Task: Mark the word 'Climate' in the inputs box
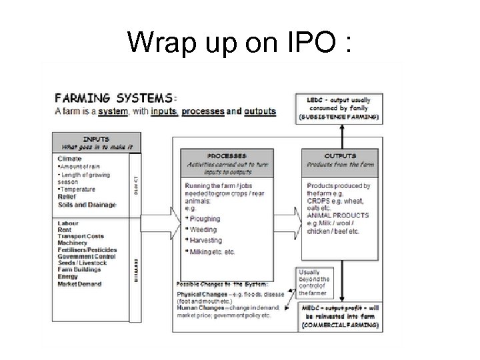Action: pos(70,159)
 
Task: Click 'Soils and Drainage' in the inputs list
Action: pos(87,205)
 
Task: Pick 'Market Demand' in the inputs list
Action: pos(80,284)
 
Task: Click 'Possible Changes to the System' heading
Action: pos(211,284)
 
